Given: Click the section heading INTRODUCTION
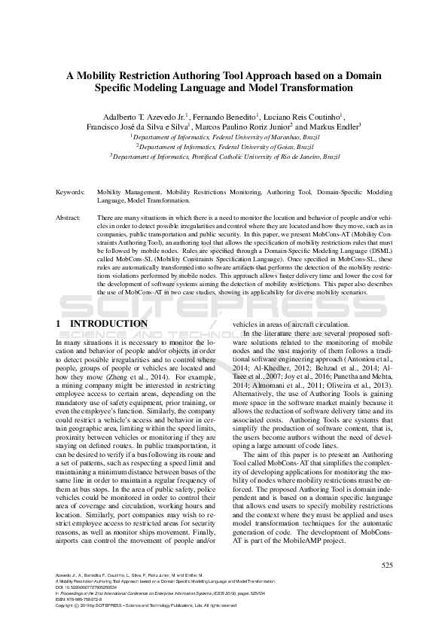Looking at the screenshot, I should pyautogui.click(x=108, y=324).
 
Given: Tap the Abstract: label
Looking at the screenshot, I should pyautogui.click(x=69, y=217).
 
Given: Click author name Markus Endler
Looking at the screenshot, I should pyautogui.click(x=334, y=126).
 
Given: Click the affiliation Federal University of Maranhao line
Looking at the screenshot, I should pyautogui.click(x=225, y=137).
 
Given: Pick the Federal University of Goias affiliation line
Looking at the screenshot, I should pyautogui.click(x=225, y=147).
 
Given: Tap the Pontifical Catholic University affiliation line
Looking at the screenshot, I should pyautogui.click(x=225, y=157).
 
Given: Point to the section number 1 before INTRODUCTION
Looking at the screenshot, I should pyautogui.click(x=59, y=324).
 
